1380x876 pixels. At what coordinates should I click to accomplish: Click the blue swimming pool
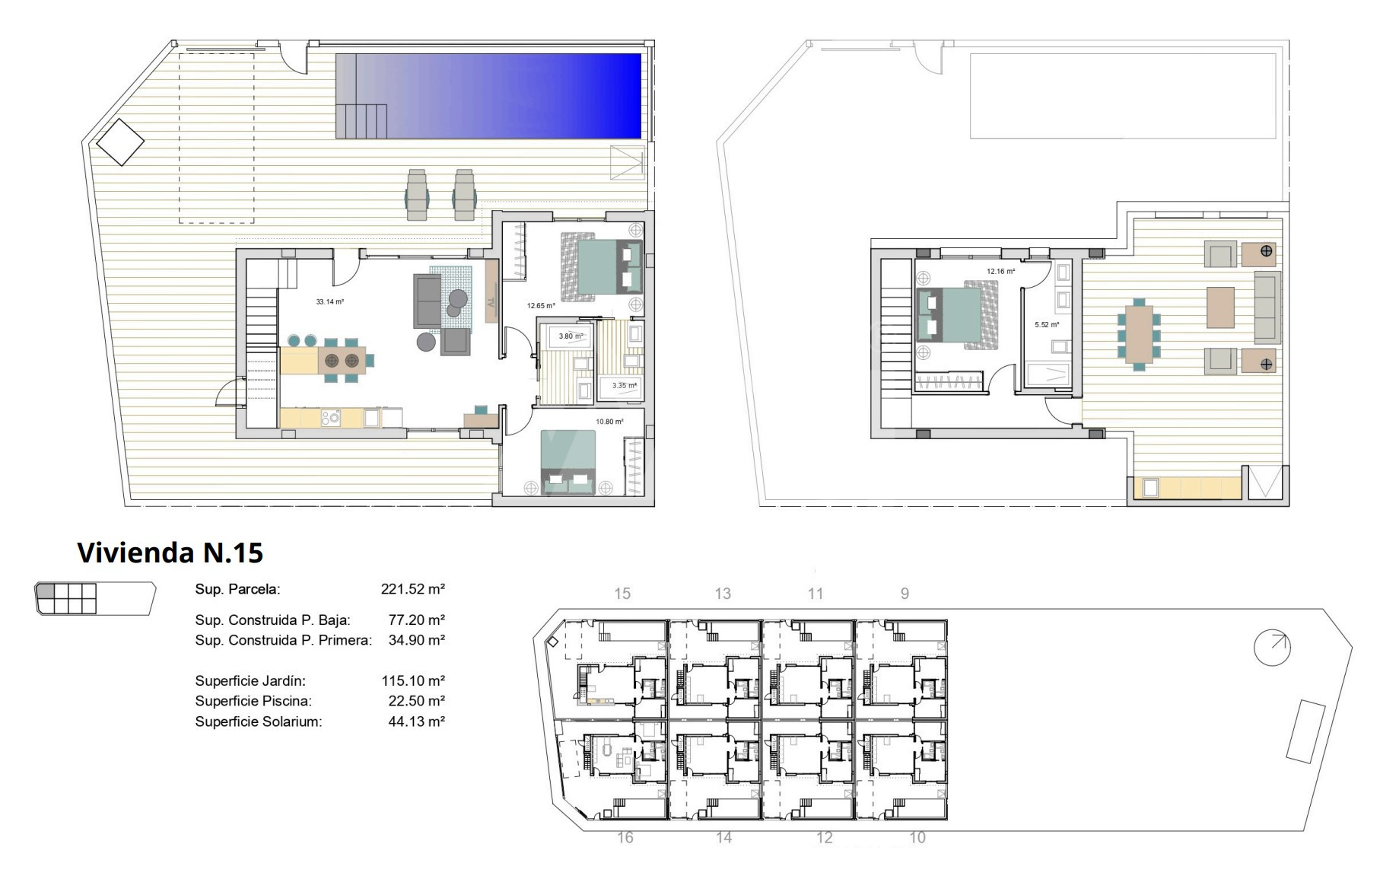click(488, 96)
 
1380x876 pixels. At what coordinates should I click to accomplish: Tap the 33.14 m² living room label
click(330, 302)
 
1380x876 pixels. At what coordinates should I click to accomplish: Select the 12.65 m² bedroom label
click(541, 306)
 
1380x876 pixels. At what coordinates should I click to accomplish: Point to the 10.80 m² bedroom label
click(609, 422)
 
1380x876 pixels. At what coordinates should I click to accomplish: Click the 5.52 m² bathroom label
click(1047, 325)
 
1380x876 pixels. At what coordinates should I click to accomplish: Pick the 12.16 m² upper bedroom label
click(1001, 272)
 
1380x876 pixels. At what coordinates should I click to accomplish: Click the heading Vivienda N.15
click(170, 553)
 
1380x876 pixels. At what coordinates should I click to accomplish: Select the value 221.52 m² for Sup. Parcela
click(413, 588)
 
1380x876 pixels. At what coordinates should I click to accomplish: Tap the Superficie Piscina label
click(253, 701)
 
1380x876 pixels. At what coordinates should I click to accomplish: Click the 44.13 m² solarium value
click(417, 722)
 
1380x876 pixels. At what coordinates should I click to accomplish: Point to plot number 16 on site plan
click(625, 838)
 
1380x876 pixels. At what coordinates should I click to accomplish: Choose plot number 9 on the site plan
click(905, 594)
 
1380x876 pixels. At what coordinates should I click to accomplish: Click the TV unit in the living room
click(491, 293)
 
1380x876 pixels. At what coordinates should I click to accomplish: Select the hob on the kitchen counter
click(331, 418)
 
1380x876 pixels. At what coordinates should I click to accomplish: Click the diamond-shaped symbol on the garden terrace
click(120, 142)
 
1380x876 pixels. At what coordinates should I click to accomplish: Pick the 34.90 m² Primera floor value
click(417, 640)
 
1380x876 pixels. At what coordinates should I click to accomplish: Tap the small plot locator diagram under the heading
click(95, 598)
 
